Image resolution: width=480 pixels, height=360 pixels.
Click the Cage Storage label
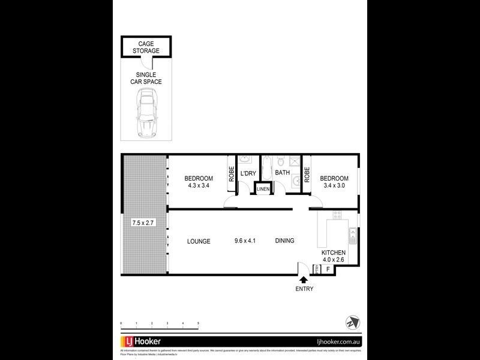[149, 47]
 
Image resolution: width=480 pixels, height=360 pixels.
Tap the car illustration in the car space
[146, 113]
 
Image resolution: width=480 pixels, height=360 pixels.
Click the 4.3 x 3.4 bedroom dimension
[199, 185]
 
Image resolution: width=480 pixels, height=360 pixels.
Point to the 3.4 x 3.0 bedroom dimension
[334, 185]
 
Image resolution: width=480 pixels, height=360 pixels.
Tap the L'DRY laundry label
[248, 173]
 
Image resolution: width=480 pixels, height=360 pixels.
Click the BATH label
[282, 173]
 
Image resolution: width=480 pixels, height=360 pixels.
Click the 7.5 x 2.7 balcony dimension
[144, 222]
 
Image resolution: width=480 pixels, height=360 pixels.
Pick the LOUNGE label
[199, 241]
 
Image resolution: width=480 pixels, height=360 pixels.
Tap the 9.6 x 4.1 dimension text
[245, 241]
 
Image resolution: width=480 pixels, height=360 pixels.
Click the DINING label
[284, 241]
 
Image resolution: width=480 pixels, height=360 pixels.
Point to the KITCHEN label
[334, 253]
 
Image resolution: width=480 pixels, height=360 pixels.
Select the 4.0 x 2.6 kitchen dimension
[334, 260]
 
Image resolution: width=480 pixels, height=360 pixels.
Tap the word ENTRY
[304, 289]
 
